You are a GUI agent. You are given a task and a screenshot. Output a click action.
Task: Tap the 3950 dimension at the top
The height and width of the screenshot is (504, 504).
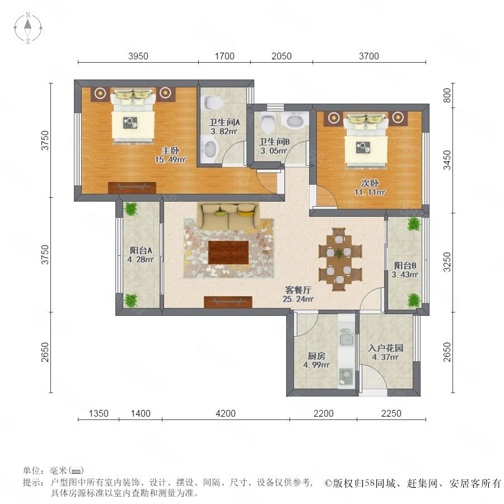click(138, 56)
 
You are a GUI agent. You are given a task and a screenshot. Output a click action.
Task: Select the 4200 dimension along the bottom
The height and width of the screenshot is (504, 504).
click(226, 413)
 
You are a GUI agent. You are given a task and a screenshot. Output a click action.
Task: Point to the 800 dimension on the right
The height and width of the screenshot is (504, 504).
click(447, 95)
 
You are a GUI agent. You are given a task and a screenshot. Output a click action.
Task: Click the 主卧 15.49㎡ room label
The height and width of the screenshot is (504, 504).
click(170, 155)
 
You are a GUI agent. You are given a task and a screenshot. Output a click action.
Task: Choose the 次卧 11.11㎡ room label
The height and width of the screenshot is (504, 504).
click(370, 188)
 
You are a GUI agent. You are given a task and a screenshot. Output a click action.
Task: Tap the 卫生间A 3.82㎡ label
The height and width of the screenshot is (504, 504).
click(224, 127)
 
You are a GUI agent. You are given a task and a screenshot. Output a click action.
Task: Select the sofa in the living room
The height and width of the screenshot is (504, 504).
click(228, 216)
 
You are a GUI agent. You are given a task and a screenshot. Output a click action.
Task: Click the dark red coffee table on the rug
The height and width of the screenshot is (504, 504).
click(228, 253)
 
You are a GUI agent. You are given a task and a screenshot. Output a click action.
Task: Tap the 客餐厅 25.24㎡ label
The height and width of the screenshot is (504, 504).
click(298, 295)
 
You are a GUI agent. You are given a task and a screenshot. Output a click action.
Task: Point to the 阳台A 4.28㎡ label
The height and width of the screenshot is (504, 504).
click(141, 255)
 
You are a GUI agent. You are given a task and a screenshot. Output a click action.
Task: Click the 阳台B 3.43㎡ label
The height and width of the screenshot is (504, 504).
click(405, 270)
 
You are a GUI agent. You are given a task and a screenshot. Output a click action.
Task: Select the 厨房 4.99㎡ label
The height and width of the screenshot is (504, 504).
click(316, 360)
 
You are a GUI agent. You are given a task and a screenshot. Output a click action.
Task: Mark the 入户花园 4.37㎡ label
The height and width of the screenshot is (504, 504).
click(386, 352)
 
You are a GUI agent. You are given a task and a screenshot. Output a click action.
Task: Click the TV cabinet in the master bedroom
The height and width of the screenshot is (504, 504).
click(132, 188)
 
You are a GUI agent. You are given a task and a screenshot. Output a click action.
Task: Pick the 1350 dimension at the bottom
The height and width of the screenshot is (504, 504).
click(99, 413)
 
